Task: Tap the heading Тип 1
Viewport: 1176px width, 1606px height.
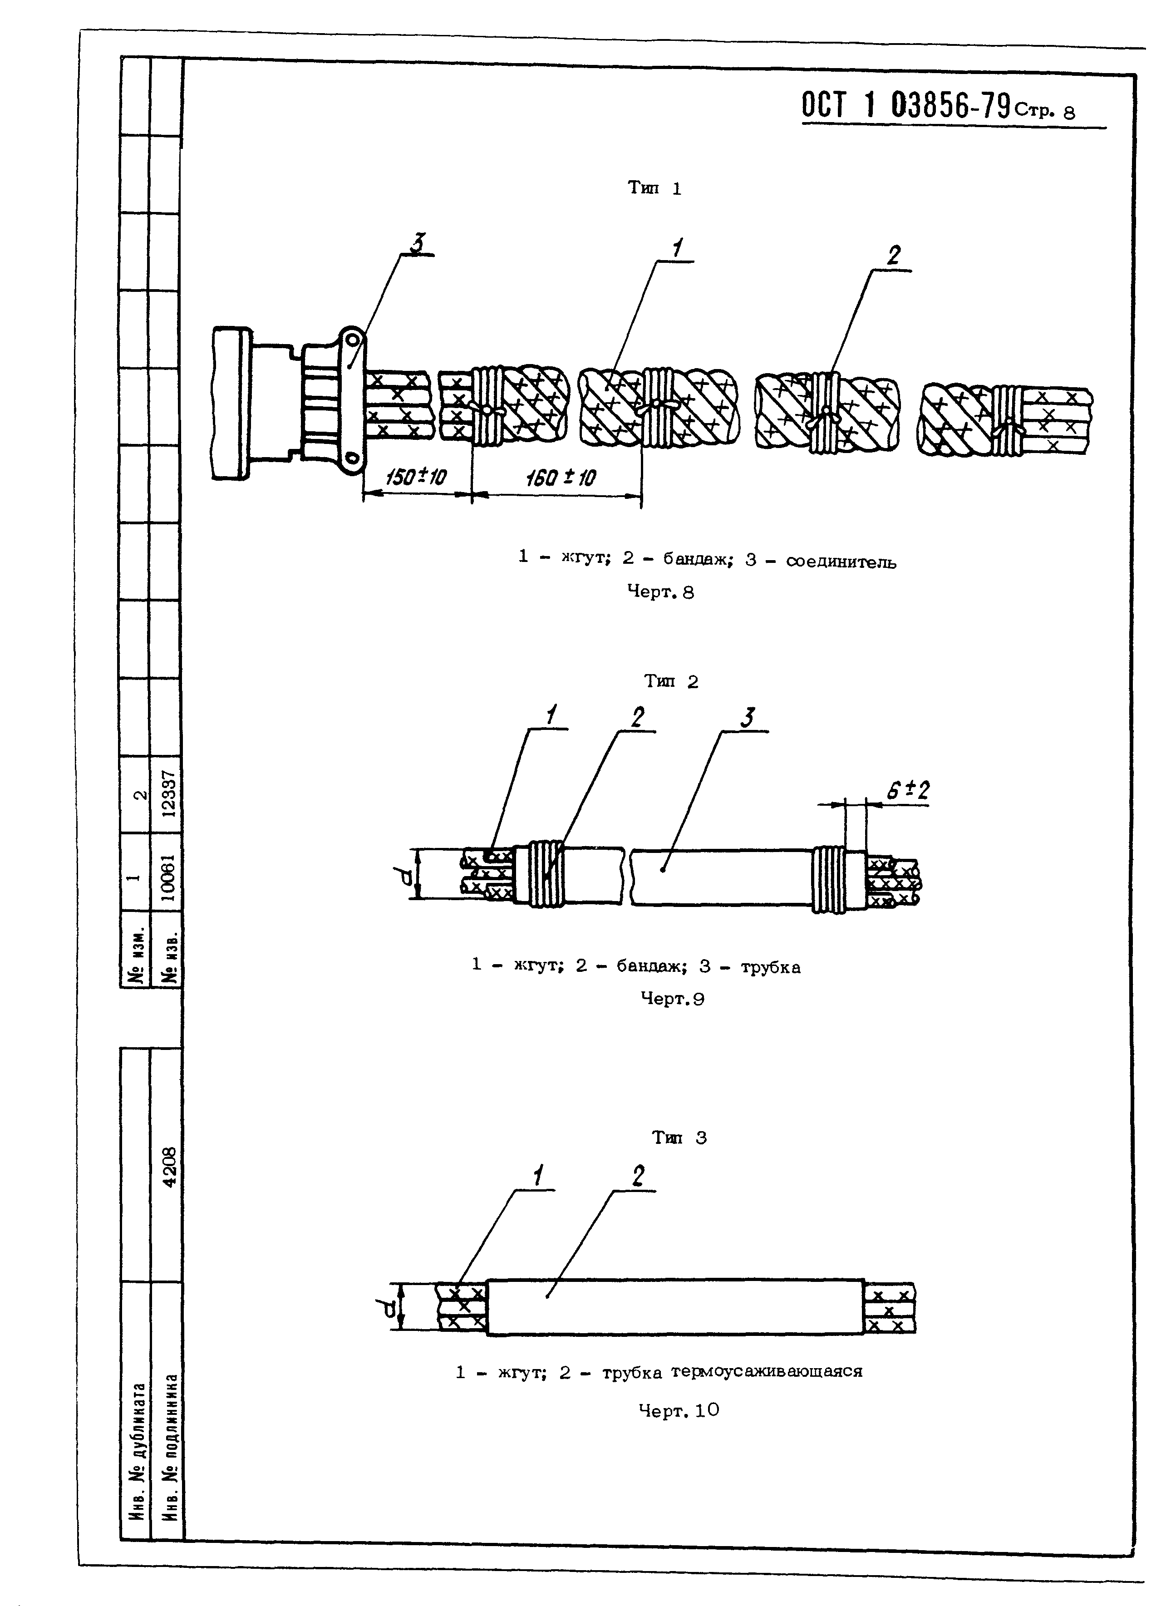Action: [x=654, y=189]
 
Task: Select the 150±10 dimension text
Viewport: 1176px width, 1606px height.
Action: [x=416, y=477]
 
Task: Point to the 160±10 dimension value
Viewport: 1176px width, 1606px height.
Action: [x=561, y=478]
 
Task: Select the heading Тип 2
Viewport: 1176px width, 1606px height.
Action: [x=671, y=681]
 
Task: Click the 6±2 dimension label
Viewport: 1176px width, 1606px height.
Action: [x=908, y=790]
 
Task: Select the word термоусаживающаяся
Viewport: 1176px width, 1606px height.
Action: [x=766, y=1372]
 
